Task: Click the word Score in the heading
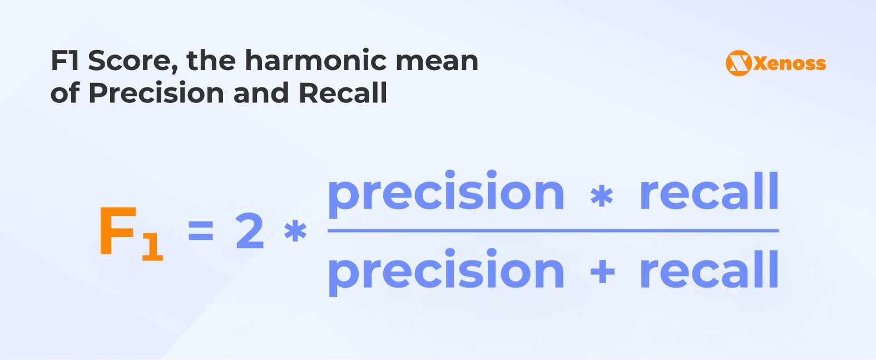[x=133, y=61]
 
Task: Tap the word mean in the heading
[x=437, y=63]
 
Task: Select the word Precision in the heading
[x=156, y=93]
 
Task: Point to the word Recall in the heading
[x=343, y=93]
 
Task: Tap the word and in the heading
[x=261, y=93]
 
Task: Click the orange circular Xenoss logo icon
[x=739, y=63]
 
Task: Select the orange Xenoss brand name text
[x=790, y=63]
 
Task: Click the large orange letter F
[x=118, y=230]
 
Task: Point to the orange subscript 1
[x=152, y=246]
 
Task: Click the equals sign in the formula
[x=201, y=230]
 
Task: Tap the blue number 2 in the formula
[x=250, y=231]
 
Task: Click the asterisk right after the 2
[x=295, y=231]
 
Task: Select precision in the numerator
[x=446, y=194]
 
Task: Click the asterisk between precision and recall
[x=601, y=196]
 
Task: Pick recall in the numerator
[x=709, y=191]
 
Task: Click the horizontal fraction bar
[x=553, y=231]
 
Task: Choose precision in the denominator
[x=446, y=272]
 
